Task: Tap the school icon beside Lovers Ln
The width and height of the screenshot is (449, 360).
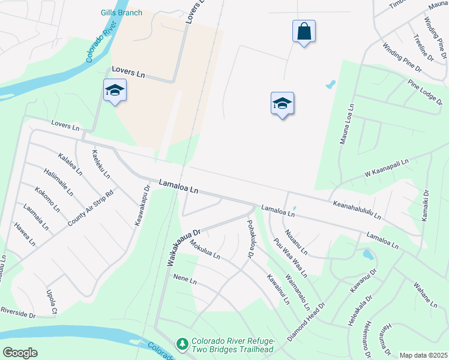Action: tap(114, 91)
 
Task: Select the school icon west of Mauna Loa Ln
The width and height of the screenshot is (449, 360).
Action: tap(282, 104)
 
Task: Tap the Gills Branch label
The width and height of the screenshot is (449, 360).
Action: tap(122, 13)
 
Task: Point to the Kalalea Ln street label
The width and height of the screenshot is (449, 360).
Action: tap(70, 164)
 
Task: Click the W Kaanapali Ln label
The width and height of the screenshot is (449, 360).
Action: tap(386, 169)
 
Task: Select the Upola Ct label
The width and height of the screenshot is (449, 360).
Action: tap(51, 302)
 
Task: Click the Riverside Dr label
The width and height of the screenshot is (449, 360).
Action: tap(17, 313)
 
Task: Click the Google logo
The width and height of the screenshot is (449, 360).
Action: tap(20, 352)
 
